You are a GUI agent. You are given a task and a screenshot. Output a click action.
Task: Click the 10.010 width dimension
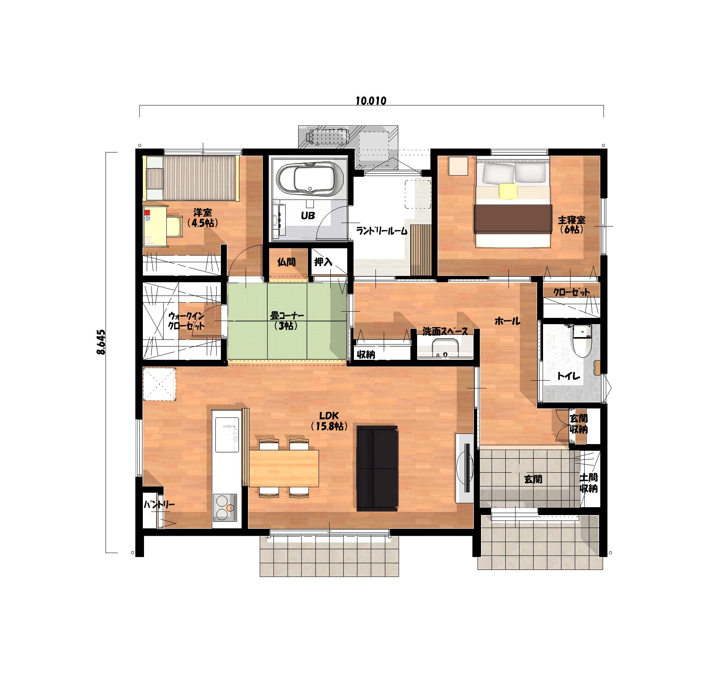[371, 101]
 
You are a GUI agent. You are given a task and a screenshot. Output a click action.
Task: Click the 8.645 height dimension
[100, 342]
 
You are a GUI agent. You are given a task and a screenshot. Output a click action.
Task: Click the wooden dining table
[284, 468]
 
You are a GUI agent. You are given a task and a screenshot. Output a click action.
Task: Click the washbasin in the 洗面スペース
[445, 348]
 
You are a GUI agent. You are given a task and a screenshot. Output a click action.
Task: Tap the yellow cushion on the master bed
[509, 191]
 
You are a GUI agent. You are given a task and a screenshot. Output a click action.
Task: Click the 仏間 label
[286, 262]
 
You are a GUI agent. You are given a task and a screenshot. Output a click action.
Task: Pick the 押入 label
[323, 262]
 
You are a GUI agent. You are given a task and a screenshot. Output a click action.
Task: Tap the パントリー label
[159, 504]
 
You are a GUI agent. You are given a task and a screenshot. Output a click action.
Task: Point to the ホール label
[507, 321]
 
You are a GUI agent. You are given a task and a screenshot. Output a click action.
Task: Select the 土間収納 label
[589, 483]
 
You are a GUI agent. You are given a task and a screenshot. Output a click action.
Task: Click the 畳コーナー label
[287, 320]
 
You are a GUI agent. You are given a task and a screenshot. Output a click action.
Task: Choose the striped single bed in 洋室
[192, 178]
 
